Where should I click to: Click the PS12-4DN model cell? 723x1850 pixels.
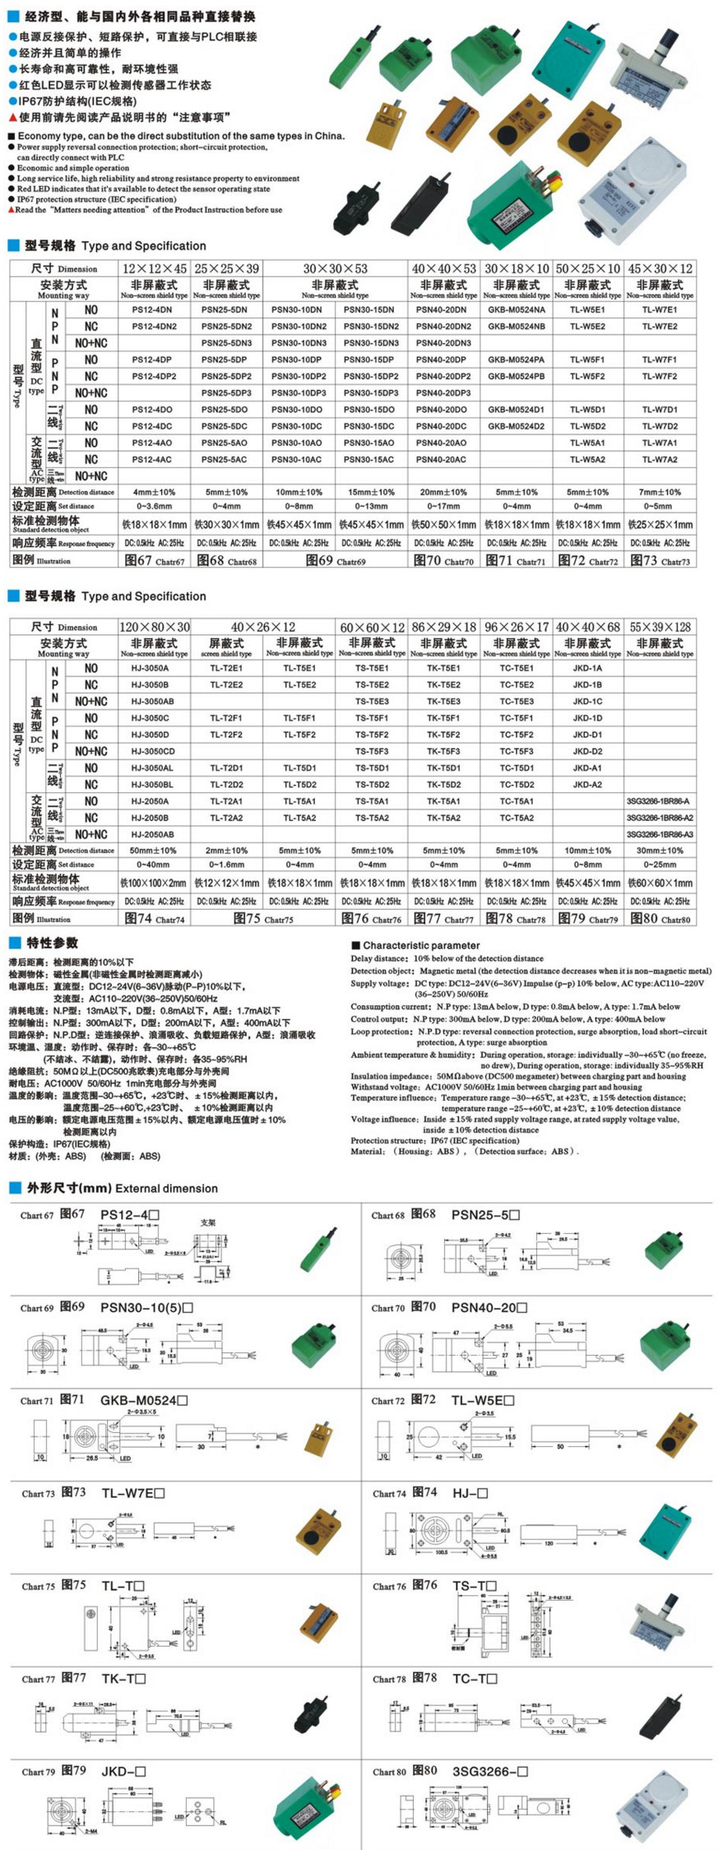(152, 310)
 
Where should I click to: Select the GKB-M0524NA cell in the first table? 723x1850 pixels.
(516, 310)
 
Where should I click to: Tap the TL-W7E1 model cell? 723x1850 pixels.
(660, 310)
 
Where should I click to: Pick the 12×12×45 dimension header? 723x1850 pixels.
(155, 268)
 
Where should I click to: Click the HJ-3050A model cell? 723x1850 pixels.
(150, 669)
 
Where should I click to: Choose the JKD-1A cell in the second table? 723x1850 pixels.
(587, 669)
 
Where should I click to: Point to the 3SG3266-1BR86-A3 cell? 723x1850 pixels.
(660, 834)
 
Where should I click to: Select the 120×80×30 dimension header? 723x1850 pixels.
(155, 627)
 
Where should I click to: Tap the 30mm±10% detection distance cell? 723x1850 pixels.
(660, 851)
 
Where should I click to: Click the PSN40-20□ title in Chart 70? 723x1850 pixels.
(489, 1306)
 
